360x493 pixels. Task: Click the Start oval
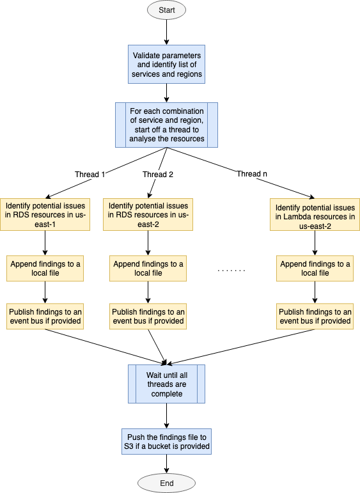[x=166, y=10]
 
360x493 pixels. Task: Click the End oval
[x=166, y=483]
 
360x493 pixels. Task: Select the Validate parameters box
[x=166, y=65]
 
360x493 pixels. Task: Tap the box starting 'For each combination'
[x=166, y=125]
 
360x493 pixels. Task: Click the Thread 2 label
[x=158, y=174]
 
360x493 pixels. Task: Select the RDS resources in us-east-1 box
[x=45, y=214]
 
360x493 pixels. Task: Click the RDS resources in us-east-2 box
[x=148, y=214]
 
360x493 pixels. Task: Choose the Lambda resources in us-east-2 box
[x=315, y=216]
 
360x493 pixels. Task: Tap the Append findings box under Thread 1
[x=45, y=268]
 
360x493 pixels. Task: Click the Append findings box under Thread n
[x=315, y=268]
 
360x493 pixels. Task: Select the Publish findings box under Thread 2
[x=148, y=316]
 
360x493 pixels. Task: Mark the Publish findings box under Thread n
[x=315, y=316]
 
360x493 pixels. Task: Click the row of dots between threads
[x=231, y=271]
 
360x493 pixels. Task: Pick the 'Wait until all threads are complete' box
[x=166, y=384]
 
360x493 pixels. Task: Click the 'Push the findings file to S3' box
[x=166, y=441]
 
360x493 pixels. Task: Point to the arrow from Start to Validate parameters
[x=166, y=32]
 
